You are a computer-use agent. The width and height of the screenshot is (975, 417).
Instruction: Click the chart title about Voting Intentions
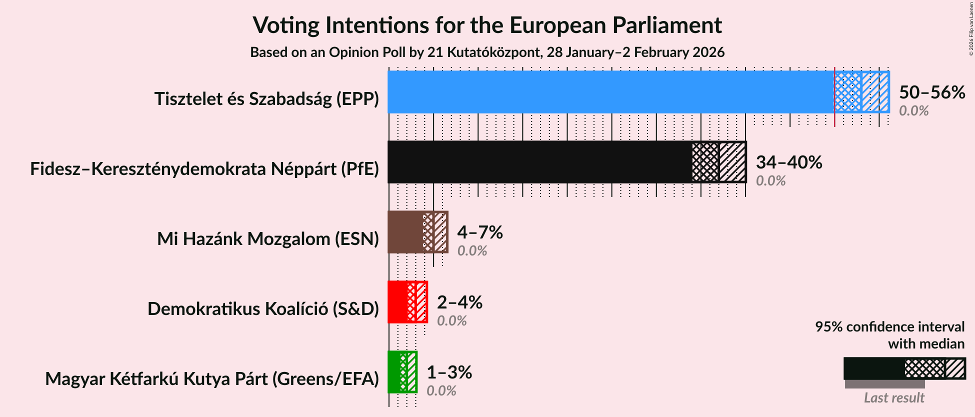(x=487, y=25)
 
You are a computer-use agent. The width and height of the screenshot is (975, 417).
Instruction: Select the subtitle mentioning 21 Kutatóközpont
(x=487, y=52)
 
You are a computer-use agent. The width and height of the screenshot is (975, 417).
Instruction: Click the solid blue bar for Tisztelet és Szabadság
(x=610, y=92)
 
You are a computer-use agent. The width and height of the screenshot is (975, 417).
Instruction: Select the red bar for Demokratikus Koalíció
(x=397, y=302)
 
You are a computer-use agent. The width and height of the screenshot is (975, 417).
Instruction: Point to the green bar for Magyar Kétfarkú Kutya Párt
(x=394, y=372)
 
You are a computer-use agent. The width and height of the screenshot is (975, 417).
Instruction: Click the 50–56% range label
(x=931, y=92)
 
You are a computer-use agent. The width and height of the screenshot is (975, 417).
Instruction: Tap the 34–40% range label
(x=788, y=162)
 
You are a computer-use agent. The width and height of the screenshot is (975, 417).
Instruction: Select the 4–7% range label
(x=479, y=232)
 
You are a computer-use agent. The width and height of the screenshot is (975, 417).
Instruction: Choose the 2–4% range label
(x=459, y=302)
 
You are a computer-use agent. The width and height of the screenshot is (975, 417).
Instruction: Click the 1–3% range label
(x=448, y=372)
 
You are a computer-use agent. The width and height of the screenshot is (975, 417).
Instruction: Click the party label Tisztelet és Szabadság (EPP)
(x=266, y=99)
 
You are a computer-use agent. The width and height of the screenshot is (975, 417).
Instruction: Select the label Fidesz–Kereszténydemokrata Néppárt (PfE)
(x=204, y=169)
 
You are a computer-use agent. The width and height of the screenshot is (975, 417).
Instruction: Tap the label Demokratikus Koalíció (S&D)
(x=263, y=309)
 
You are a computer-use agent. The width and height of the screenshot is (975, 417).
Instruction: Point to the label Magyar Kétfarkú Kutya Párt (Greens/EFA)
(x=212, y=379)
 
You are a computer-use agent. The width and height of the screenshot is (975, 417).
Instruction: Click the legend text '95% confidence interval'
(x=889, y=327)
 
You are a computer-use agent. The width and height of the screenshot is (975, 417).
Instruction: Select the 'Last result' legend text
(x=893, y=398)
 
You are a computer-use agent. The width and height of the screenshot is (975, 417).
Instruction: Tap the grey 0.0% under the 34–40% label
(x=770, y=181)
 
